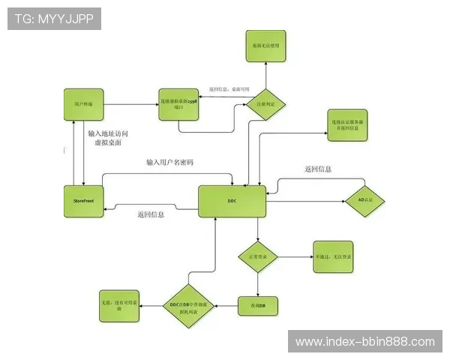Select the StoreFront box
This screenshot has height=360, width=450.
click(x=83, y=202)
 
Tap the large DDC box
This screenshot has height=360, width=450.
click(x=232, y=202)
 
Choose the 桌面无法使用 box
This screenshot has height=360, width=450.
click(x=265, y=45)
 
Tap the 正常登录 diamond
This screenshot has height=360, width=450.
click(x=258, y=257)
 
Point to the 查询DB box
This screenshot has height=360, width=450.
click(x=257, y=305)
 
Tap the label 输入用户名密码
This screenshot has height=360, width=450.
click(x=169, y=163)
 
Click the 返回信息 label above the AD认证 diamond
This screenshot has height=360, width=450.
click(x=318, y=169)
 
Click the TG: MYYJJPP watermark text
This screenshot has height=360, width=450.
click(x=54, y=18)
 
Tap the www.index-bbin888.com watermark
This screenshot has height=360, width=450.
click(x=365, y=342)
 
